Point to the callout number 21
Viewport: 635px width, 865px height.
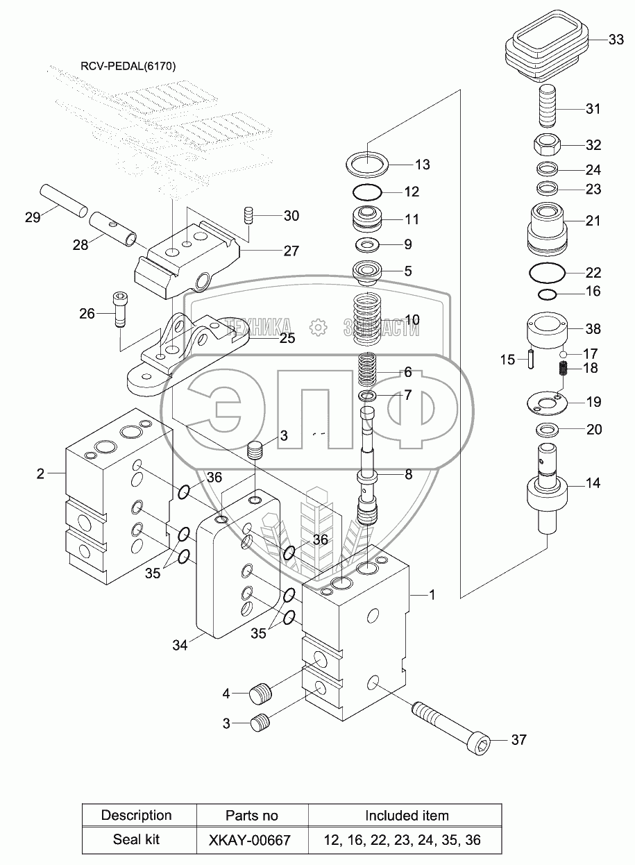pos(593,221)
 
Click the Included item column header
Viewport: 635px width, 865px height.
pos(407,815)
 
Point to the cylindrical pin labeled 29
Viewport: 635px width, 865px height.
pos(62,199)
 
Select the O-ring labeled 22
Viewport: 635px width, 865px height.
pos(553,272)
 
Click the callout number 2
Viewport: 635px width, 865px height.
pos(40,473)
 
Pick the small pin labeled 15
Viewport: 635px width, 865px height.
pos(531,360)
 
